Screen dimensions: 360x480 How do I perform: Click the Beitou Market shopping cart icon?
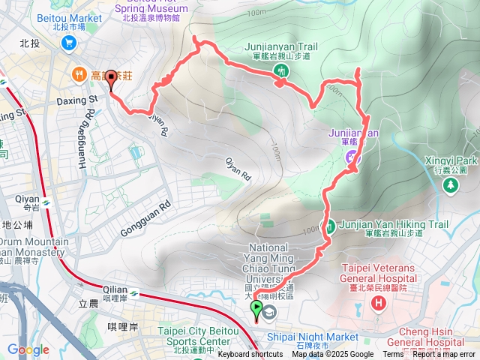[69, 43]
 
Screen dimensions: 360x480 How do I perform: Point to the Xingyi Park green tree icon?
[451, 185]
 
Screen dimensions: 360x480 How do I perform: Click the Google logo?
[28, 349]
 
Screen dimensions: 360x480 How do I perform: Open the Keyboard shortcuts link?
[250, 355]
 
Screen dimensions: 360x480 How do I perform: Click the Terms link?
[393, 355]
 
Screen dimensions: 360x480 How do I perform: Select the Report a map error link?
[444, 355]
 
